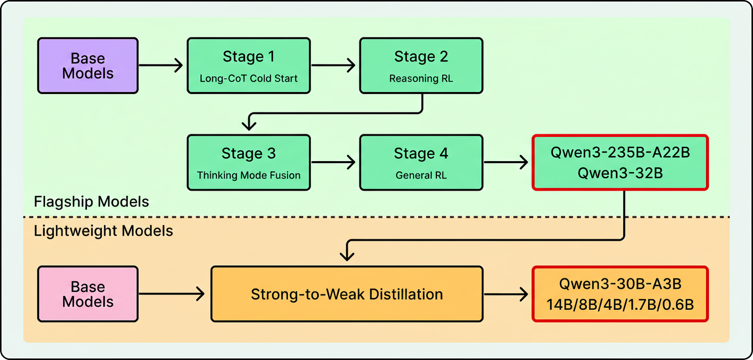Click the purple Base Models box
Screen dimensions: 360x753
87,65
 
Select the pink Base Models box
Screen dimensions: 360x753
87,294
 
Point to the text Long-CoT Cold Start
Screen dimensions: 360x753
249,79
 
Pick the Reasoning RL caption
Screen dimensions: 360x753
421,79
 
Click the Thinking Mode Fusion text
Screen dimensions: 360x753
249,175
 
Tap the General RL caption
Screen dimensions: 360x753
421,175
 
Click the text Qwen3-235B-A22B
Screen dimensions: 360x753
620,153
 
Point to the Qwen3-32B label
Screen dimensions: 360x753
620,173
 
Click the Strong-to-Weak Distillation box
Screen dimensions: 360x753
347,294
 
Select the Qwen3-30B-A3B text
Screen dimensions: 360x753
620,284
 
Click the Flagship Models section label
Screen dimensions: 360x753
92,201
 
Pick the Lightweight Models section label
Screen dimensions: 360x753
103,231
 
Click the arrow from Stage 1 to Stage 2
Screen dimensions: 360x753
334,65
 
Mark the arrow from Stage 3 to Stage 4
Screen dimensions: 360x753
334,163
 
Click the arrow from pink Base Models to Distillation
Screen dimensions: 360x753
172,294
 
